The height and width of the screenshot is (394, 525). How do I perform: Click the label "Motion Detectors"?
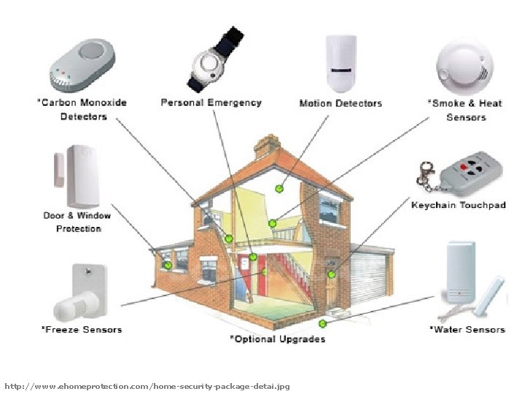(341, 104)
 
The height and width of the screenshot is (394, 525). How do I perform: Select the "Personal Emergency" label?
(211, 103)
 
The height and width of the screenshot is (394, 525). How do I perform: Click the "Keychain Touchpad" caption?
(458, 205)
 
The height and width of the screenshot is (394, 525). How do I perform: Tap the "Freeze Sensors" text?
(81, 330)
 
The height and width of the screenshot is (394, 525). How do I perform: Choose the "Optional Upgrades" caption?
(278, 339)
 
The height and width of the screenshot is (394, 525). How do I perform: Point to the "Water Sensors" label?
(467, 330)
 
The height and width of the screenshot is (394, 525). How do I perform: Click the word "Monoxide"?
(102, 103)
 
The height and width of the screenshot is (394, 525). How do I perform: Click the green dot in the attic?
(279, 189)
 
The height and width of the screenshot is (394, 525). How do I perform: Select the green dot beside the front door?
(332, 274)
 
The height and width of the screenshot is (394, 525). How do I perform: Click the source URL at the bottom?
(147, 385)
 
